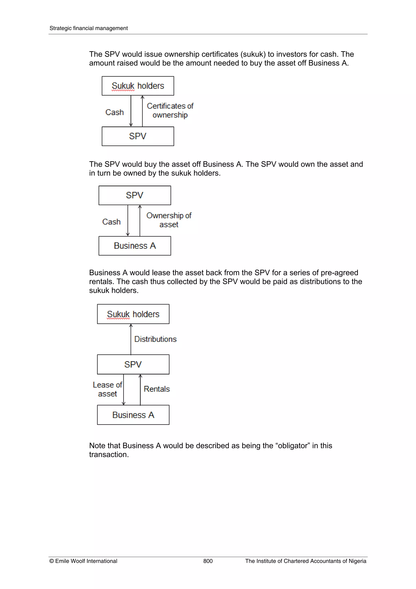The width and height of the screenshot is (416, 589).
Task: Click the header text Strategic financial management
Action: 88,28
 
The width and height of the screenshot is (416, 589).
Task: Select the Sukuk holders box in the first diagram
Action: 138,86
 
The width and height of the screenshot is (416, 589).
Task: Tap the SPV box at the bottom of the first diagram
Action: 138,136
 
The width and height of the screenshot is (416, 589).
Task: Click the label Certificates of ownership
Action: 170,110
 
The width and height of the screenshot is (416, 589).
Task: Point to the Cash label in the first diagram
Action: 115,112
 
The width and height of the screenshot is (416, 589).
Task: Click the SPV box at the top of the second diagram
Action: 134,195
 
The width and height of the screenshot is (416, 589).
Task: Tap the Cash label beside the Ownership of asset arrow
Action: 111,222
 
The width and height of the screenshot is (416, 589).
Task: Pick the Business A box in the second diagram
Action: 134,246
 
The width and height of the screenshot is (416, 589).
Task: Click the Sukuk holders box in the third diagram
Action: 133,314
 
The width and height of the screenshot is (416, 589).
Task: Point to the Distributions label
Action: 155,339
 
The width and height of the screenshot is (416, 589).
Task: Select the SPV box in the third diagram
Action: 133,364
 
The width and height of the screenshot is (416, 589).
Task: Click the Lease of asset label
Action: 107,389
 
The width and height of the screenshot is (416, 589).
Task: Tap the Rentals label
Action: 157,389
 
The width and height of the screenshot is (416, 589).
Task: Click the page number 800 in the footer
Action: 208,561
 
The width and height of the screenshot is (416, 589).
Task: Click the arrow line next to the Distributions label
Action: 131,339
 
